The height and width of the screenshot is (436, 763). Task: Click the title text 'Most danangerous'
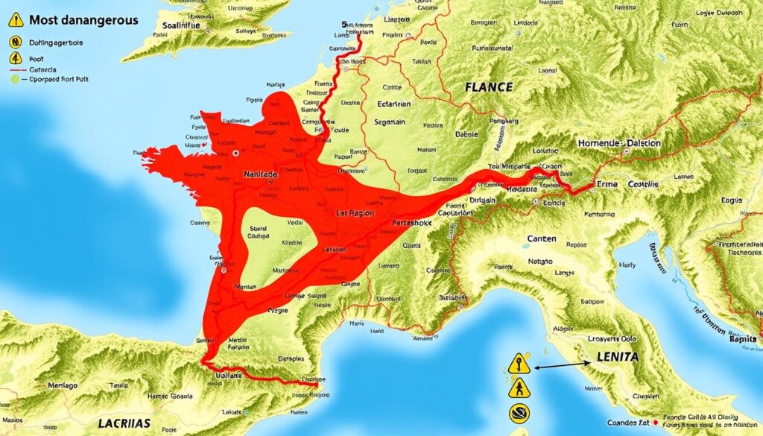tap(84, 20)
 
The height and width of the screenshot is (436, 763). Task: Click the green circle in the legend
tap(14, 78)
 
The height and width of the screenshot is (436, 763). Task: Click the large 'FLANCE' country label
tap(488, 87)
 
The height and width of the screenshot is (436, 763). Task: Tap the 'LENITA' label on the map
tap(618, 358)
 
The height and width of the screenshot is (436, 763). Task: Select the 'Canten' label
tap(542, 239)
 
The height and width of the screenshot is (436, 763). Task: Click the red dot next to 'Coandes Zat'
tap(654, 421)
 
